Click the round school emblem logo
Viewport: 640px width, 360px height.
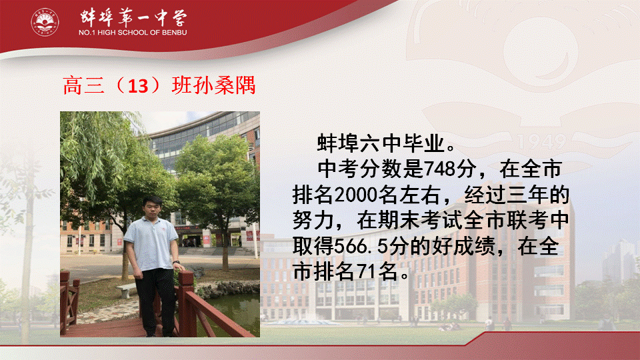45,22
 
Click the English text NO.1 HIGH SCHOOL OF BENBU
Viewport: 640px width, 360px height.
133,32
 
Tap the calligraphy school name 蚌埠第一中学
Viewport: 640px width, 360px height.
133,17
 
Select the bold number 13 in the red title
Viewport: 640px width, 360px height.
138,86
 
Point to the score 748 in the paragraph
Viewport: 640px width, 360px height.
439,169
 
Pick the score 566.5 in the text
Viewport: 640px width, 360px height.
360,246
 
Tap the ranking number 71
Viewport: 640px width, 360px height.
366,271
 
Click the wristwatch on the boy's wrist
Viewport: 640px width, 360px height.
176,262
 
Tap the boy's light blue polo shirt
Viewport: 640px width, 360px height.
151,243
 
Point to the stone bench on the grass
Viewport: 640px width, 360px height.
127,290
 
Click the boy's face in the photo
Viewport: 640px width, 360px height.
151,209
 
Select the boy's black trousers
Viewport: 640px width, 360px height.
155,300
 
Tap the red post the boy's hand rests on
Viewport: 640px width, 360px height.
186,302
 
